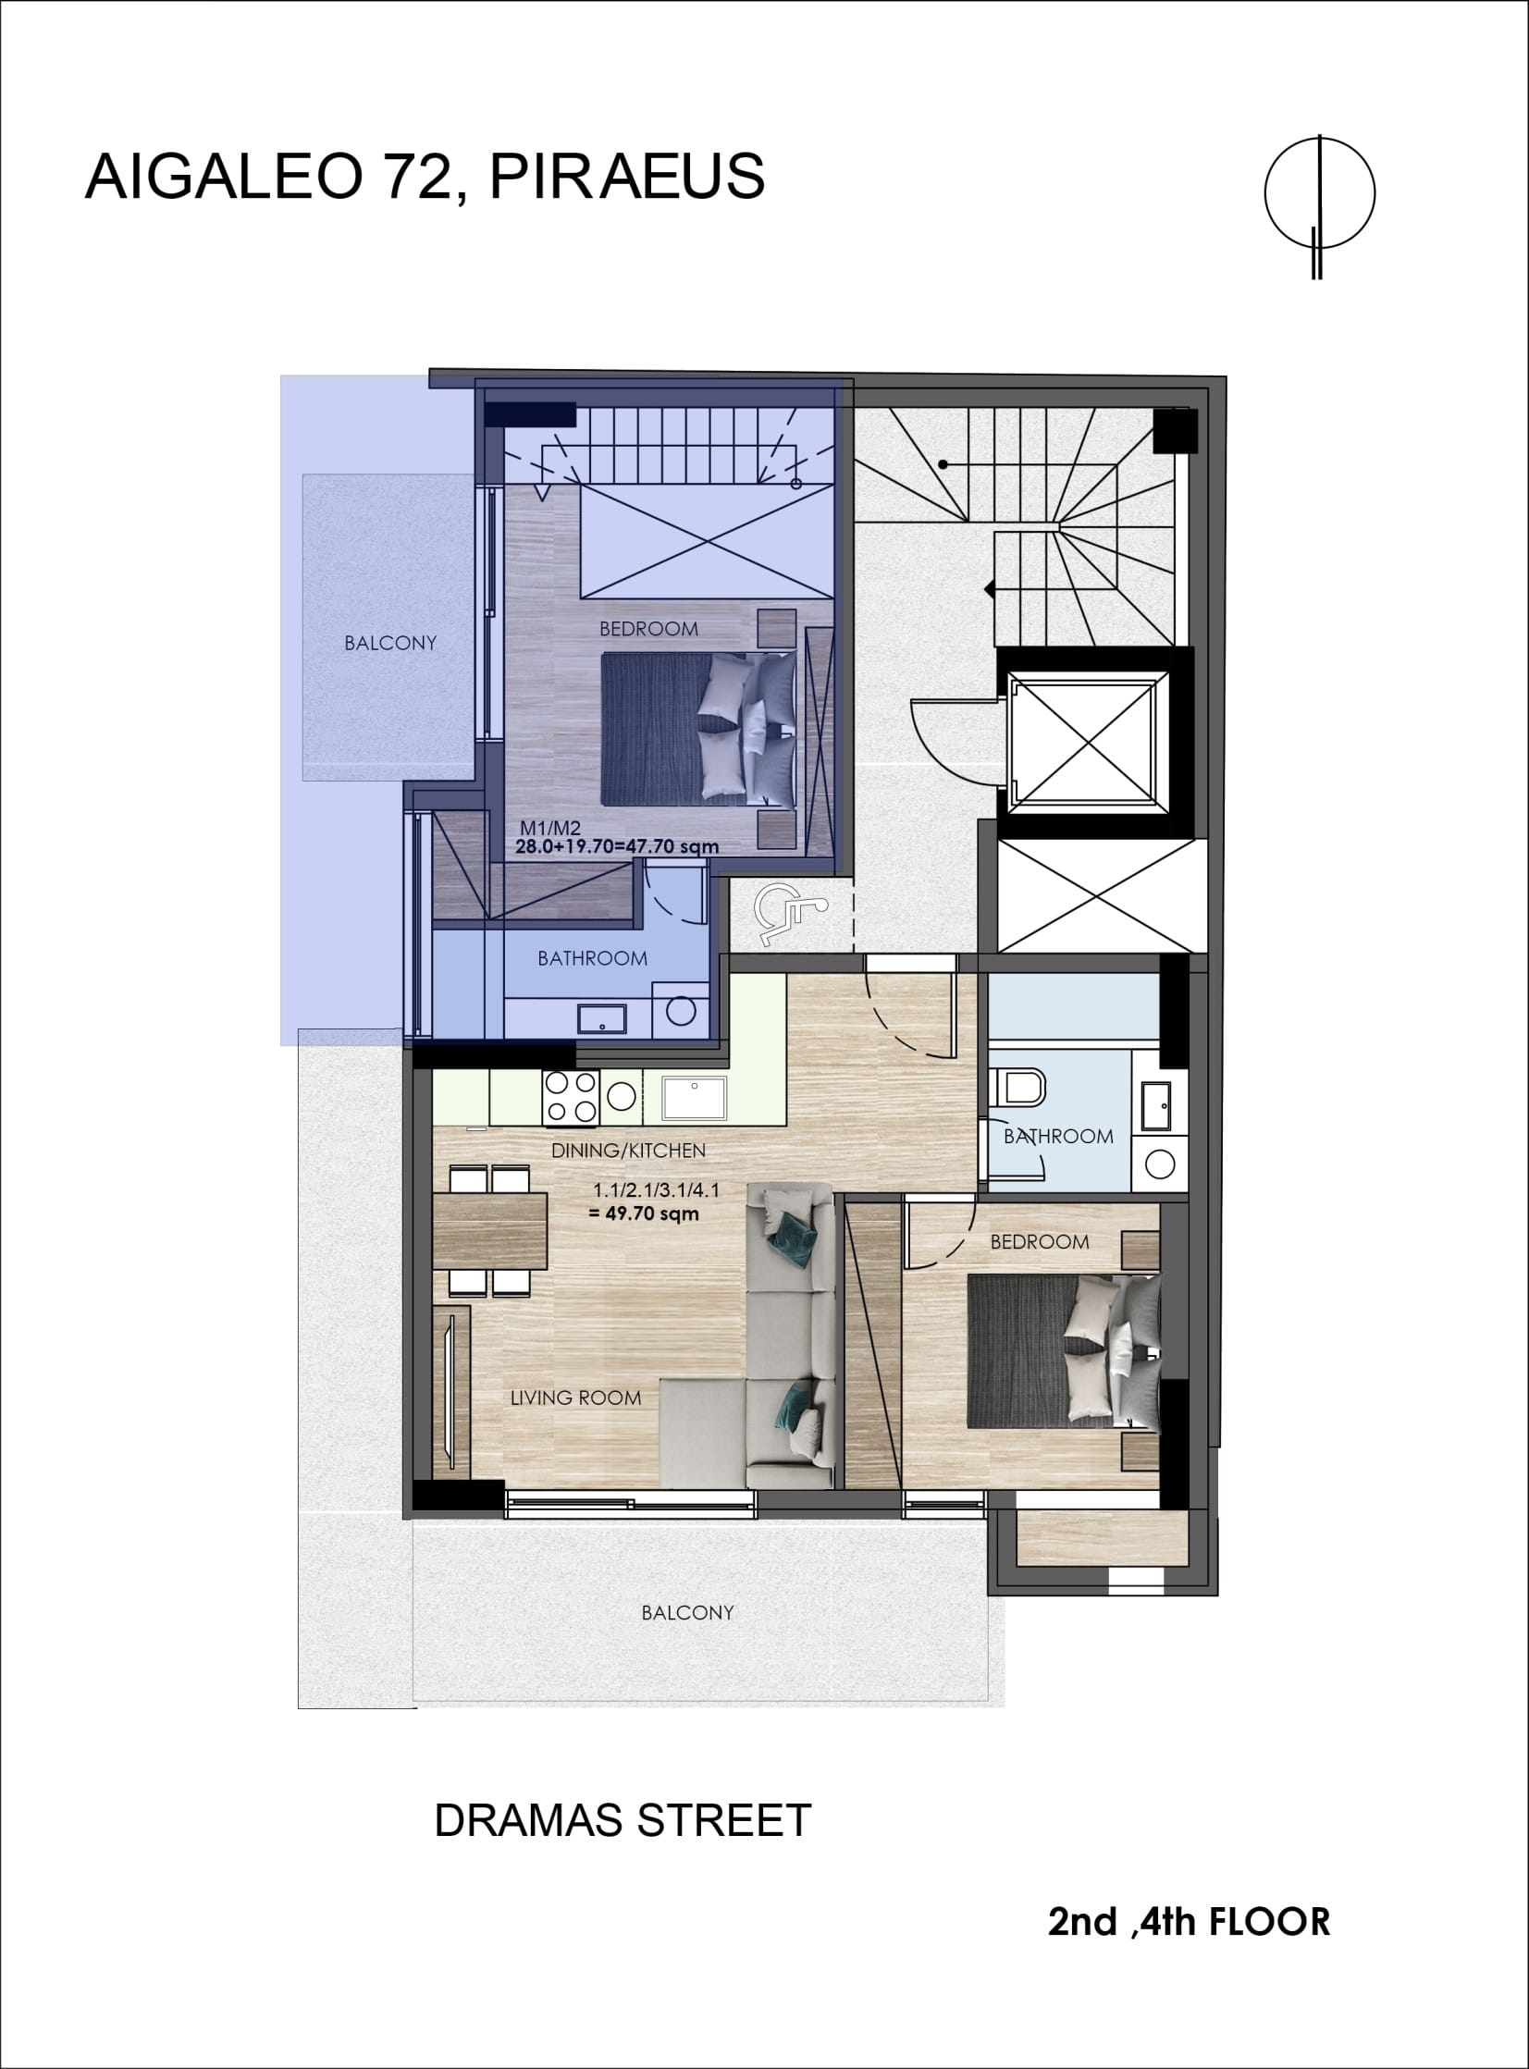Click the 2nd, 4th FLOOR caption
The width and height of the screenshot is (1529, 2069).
coord(1189,1922)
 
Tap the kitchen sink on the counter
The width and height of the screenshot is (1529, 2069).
coord(694,1099)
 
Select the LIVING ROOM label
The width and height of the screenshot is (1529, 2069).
coord(575,1398)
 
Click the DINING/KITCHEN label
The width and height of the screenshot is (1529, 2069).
coord(628,1151)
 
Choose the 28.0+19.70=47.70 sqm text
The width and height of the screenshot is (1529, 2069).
coord(616,845)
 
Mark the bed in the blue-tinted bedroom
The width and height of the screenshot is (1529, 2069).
coord(698,729)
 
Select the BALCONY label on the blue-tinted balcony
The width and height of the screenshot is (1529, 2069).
coord(390,643)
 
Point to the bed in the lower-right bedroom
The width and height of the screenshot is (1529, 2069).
coord(1063,1352)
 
